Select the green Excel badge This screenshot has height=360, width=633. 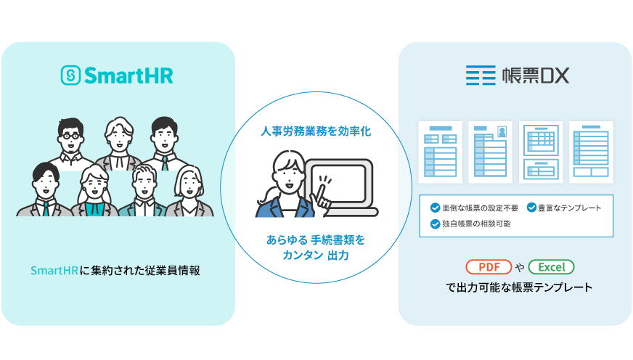[x=552, y=266]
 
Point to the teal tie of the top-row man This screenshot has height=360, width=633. [x=166, y=164]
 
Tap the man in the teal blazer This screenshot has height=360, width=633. [x=143, y=196]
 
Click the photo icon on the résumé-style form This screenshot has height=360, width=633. [x=501, y=131]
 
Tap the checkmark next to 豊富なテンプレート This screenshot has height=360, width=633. [x=531, y=208]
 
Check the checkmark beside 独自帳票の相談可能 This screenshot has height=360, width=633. [x=435, y=224]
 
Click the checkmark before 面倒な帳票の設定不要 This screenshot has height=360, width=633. [x=435, y=208]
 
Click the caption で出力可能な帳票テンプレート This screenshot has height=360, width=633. [x=519, y=287]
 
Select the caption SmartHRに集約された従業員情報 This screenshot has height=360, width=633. [x=115, y=270]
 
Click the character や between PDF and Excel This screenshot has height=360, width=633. [x=520, y=267]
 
